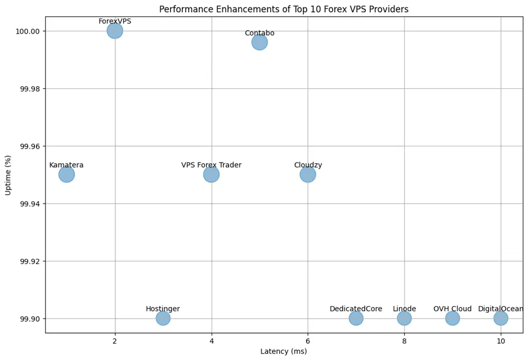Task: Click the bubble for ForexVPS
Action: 115,31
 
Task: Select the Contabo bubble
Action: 259,42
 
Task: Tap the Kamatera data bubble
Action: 66,174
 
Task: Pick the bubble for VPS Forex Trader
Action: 211,174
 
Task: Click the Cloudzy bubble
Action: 308,174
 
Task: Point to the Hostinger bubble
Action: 163,318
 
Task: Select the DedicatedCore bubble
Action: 356,318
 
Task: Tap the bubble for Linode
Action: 404,318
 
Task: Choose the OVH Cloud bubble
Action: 452,318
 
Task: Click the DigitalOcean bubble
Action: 501,318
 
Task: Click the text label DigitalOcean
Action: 501,309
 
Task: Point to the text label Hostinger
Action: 163,309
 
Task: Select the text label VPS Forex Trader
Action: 211,165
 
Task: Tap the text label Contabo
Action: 259,33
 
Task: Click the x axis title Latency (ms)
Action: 284,352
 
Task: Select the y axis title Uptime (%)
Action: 8,175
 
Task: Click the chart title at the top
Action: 284,9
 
